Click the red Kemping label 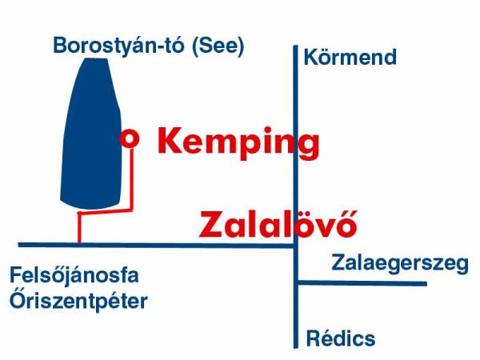(x=238, y=142)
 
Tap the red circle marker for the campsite (x=130, y=138)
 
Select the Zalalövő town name (x=278, y=224)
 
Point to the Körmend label (x=350, y=58)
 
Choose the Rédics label (x=341, y=338)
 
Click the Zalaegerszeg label (x=400, y=263)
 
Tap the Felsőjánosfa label (x=74, y=275)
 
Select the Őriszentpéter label (x=78, y=300)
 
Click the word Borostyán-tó (x=118, y=46)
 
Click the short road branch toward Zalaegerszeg (x=362, y=283)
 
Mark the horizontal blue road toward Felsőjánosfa (x=156, y=246)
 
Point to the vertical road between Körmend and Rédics (x=295, y=197)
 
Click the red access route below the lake (x=106, y=211)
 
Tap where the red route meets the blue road (x=79, y=245)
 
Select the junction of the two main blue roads (x=295, y=246)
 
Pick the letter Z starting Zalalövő (x=212, y=225)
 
